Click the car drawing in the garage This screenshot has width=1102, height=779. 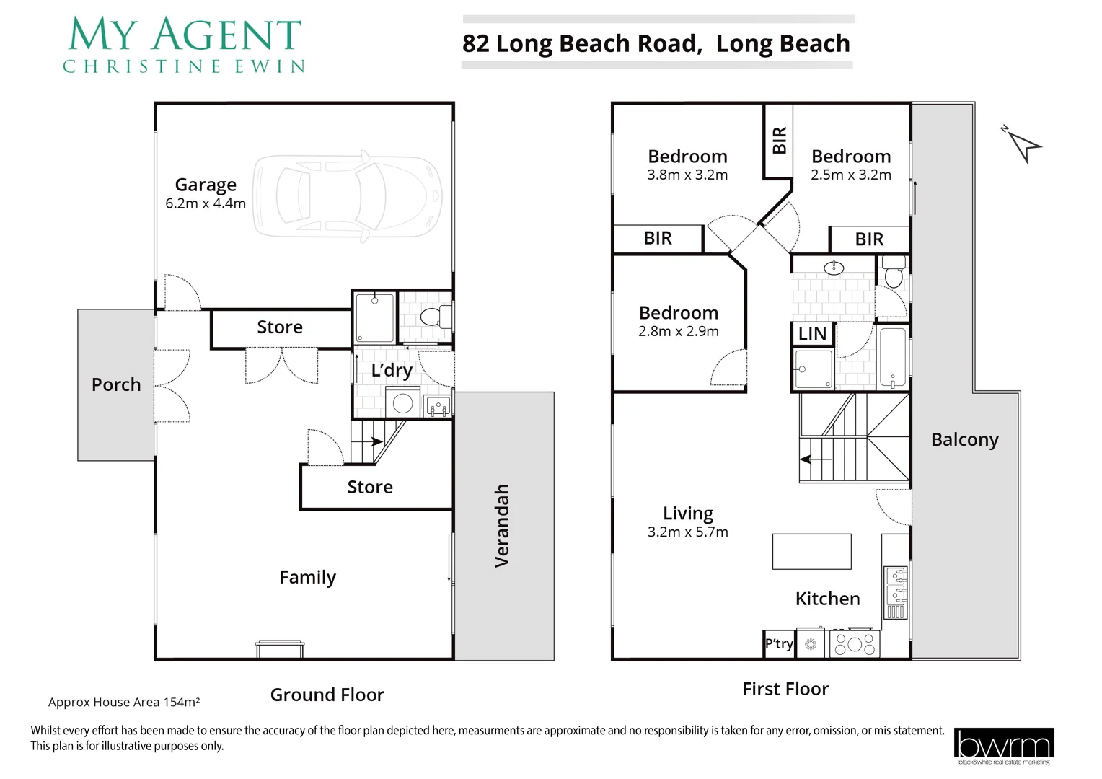coord(347,195)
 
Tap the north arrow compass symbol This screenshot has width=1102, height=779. coord(1023,144)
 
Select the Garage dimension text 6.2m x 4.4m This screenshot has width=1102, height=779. coord(206,204)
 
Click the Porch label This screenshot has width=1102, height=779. coord(116,384)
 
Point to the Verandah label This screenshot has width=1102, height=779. coord(502,525)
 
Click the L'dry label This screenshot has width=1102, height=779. coord(392,371)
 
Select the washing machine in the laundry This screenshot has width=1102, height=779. coord(402,402)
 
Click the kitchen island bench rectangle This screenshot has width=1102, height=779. coord(811,552)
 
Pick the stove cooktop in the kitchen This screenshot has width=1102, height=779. coord(855,644)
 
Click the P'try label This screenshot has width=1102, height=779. coord(779,644)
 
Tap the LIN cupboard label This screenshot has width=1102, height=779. coord(812,334)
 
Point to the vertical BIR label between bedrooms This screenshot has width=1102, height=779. coord(779,141)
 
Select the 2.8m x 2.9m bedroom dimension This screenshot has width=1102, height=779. coord(678,332)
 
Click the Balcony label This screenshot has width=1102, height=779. coord(964,440)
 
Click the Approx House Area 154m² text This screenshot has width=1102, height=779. coord(124,702)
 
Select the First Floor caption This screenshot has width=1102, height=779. coord(785,690)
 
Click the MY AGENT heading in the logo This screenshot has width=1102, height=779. coord(185,35)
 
